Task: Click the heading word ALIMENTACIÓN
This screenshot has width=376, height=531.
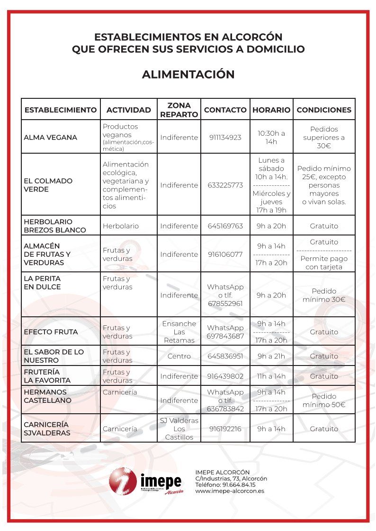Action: coord(188,75)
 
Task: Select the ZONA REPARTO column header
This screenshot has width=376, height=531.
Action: coord(179,110)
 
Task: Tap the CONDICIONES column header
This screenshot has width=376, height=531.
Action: coord(324,110)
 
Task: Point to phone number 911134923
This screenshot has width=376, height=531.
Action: coord(225,138)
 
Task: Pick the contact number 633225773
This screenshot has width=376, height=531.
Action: coord(225,185)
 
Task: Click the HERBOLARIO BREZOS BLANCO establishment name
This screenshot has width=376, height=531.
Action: coord(55,226)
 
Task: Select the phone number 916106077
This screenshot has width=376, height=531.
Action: coord(225,254)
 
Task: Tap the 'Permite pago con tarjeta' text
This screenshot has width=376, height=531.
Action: coord(324,263)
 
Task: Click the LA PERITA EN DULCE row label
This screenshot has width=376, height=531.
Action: coord(42,283)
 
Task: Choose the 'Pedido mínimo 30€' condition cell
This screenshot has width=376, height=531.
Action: coord(324,295)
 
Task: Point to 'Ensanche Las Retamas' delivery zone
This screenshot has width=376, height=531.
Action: coord(179,332)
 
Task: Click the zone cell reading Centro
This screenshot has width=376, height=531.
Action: coord(179,356)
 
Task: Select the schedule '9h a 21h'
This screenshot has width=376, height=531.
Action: coord(271,356)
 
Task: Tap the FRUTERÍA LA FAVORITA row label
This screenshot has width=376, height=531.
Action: coord(47,376)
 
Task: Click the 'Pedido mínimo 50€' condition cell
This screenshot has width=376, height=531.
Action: coord(324,400)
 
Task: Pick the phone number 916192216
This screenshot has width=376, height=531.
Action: coord(225,429)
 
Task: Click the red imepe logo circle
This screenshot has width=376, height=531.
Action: coord(123,480)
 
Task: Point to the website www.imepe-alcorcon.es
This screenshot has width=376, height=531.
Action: coord(230,491)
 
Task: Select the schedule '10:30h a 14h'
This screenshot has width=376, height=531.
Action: coord(271,138)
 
